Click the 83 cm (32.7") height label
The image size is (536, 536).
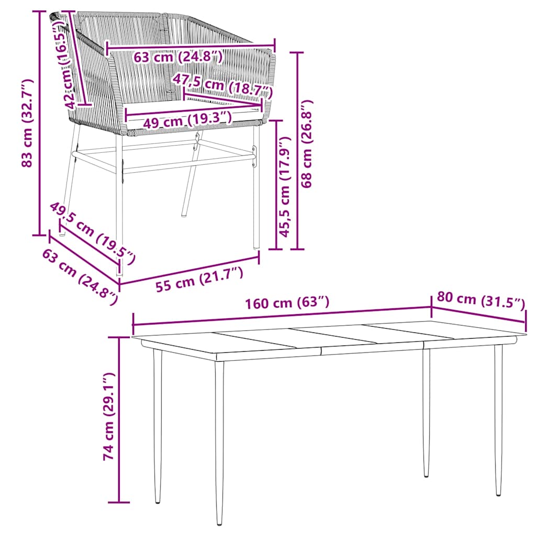pyautogui.click(x=28, y=123)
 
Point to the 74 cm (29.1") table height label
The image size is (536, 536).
pyautogui.click(x=108, y=416)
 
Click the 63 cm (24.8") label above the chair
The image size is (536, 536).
pyautogui.click(x=178, y=57)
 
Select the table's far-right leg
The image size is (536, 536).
pyautogui.click(x=498, y=419)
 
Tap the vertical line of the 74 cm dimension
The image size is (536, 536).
pyautogui.click(x=120, y=419)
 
